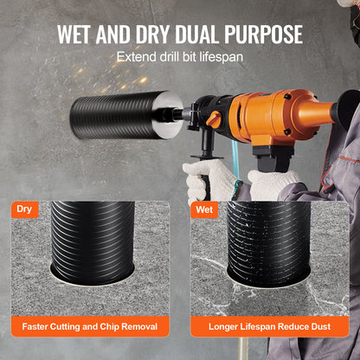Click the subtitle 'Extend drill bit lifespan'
[x=180, y=58]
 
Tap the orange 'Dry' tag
[x=25, y=209]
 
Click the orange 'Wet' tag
[x=204, y=209]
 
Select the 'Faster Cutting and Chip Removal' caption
[x=91, y=328]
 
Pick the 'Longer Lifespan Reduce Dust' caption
[x=269, y=328]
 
